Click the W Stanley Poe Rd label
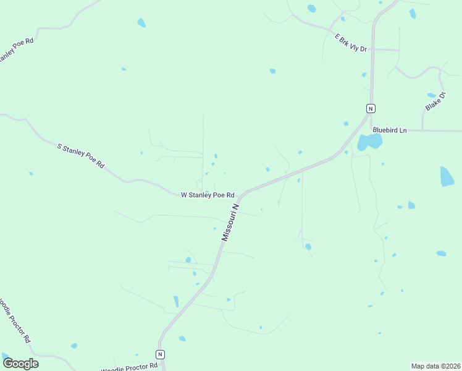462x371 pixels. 208,195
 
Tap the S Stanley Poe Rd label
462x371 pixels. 81,156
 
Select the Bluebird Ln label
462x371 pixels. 390,130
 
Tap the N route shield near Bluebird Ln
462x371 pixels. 371,108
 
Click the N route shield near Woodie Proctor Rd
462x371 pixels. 161,354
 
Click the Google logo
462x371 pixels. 21,363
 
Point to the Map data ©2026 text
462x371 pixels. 436,366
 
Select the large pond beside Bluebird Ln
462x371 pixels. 370,143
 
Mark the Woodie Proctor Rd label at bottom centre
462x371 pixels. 129,367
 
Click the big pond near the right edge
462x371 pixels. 447,176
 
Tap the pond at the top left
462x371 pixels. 141,23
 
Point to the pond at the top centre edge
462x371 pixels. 311,9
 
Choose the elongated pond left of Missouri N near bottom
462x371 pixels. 176,301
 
